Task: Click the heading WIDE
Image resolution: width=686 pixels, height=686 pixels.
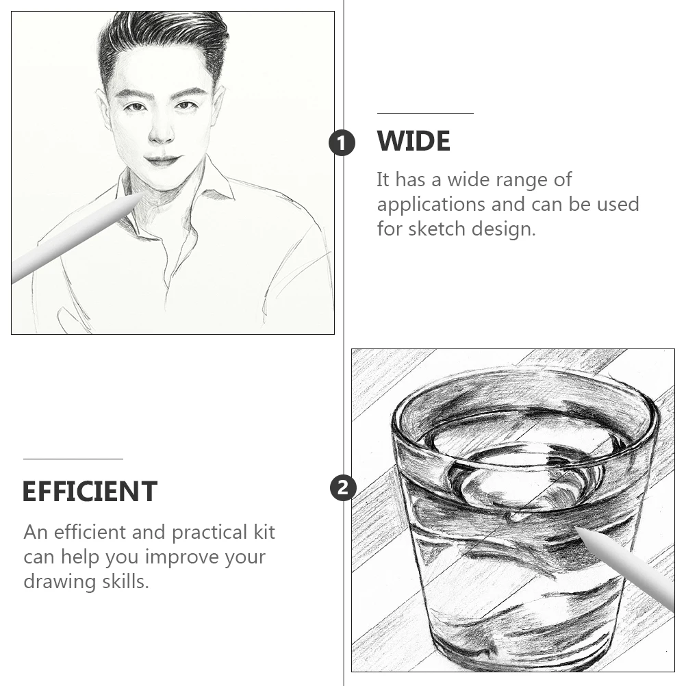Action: [x=414, y=141]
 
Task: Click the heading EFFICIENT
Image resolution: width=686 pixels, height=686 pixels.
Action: [x=90, y=492]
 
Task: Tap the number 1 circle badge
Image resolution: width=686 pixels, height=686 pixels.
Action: [x=342, y=142]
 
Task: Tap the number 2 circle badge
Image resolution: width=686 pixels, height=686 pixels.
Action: [x=343, y=487]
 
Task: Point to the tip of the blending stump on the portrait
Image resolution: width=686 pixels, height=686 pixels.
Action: [x=144, y=194]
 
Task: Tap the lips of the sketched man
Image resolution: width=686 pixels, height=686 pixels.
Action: [x=162, y=160]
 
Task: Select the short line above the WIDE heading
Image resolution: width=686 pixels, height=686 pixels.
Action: [x=425, y=114]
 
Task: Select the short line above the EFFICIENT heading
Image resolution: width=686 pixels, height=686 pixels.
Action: [x=73, y=459]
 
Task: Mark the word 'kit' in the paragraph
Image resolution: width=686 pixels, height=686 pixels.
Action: [x=264, y=532]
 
